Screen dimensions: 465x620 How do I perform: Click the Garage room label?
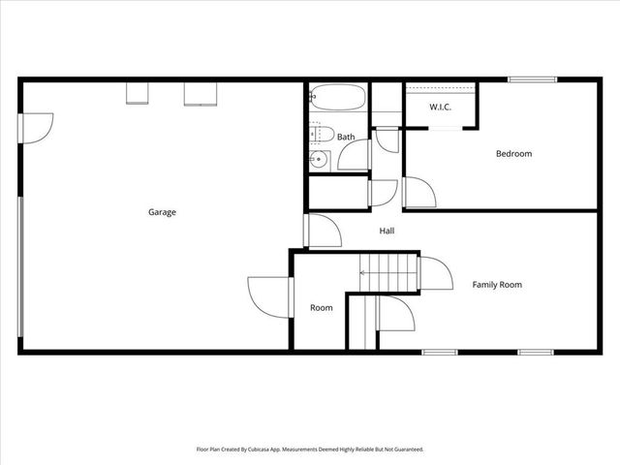162,212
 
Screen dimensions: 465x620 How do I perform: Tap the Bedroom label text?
513,154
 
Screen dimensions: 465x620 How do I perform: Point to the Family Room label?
497,285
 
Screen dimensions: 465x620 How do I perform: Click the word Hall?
387,231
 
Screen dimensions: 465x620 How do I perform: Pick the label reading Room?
321,308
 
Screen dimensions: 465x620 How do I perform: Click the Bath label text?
346,138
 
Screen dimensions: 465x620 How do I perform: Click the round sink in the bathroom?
318,160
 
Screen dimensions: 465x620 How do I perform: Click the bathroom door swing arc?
356,155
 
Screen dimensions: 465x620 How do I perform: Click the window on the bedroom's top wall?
532,79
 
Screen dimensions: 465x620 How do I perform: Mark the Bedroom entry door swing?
418,192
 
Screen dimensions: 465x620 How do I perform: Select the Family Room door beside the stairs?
436,274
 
